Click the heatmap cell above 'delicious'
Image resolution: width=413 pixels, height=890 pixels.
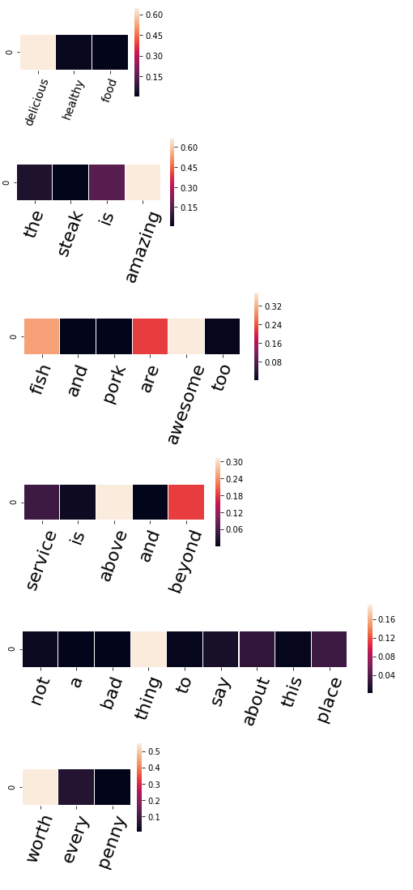click(x=38, y=52)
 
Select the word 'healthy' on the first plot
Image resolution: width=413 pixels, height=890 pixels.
click(x=73, y=100)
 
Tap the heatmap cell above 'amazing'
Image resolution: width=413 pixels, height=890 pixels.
click(x=143, y=182)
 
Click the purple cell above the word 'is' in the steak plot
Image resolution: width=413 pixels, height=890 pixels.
click(x=107, y=182)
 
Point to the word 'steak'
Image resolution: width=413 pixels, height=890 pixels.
click(x=71, y=233)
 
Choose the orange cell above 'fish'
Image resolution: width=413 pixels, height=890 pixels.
click(x=42, y=336)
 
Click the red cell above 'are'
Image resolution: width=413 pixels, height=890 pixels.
click(x=150, y=336)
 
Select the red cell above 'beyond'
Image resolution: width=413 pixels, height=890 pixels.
click(x=186, y=503)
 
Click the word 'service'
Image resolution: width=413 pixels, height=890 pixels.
click(x=41, y=560)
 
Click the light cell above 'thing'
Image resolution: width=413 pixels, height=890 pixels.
click(x=149, y=649)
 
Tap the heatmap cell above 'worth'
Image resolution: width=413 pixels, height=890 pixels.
click(x=40, y=787)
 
